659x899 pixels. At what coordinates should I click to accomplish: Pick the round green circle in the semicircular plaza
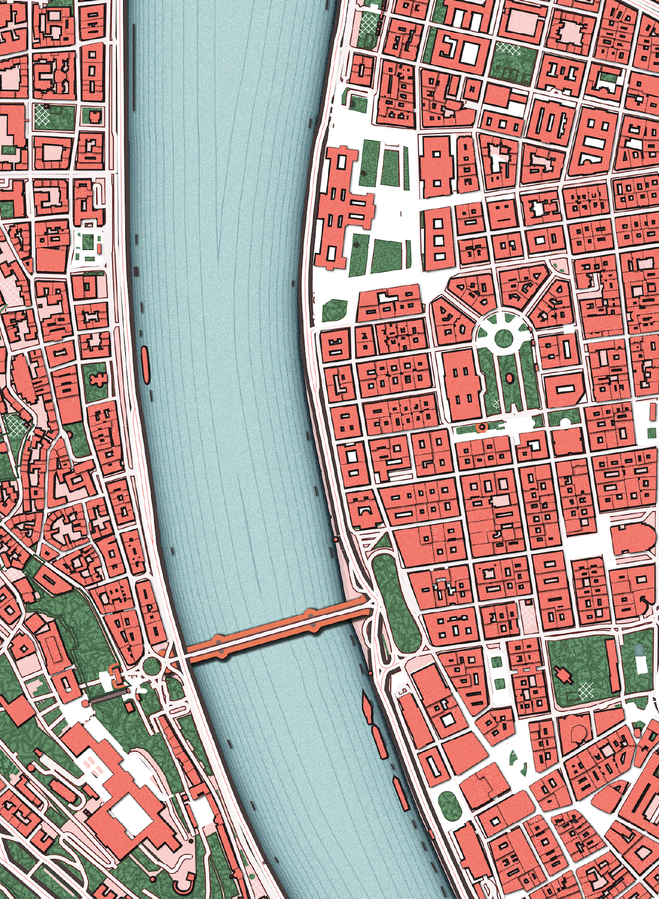coord(503,338)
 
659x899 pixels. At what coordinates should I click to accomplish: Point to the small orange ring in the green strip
coord(482,427)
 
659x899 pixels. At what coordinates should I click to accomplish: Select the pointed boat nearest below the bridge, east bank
coord(366,708)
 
